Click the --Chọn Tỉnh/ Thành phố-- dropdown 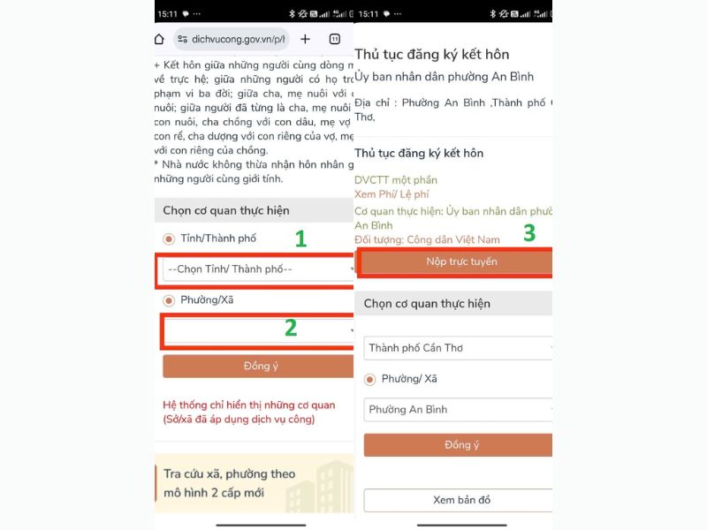point(256,269)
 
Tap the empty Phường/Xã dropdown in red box point(256,330)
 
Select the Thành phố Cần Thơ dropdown point(458,348)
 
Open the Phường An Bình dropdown point(458,410)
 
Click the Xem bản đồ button point(458,500)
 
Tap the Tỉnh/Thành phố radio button point(169,238)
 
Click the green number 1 point(300,238)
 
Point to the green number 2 point(290,328)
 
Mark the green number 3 point(529,233)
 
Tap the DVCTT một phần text point(396,180)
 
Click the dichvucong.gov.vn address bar point(231,39)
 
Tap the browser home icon point(159,39)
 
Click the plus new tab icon point(305,39)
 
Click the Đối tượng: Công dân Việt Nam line point(427,239)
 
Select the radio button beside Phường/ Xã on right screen point(370,379)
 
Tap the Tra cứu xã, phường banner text point(229,483)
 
